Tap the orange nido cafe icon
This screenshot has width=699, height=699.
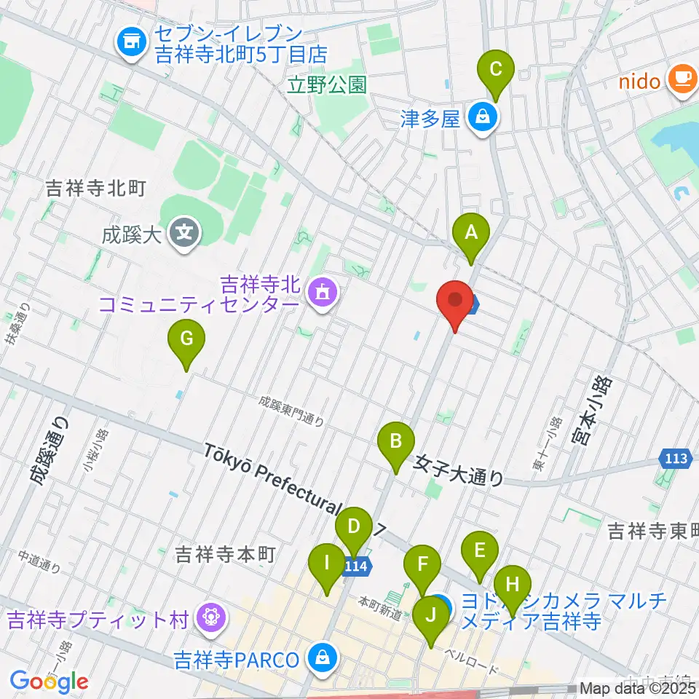pos(682,78)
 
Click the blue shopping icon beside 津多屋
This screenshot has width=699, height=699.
pos(481,116)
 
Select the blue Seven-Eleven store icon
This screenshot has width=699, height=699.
pos(130,44)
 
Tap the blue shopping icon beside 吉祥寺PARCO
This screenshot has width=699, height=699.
pos(320,660)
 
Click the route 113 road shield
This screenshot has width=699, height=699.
pos(675,459)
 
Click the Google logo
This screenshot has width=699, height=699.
pos(49,681)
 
